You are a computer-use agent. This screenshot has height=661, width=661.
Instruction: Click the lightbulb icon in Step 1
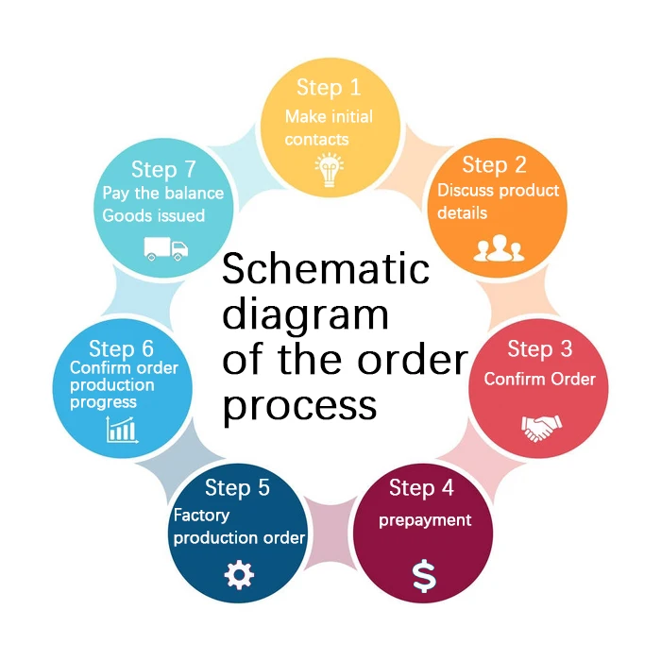tap(330, 170)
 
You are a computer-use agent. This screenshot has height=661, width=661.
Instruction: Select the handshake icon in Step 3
tap(540, 428)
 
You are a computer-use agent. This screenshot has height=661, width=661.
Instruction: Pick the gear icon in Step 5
tap(239, 574)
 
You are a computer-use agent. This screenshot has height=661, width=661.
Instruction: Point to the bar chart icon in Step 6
tap(122, 431)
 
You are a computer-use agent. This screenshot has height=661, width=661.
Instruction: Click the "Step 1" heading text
tap(329, 88)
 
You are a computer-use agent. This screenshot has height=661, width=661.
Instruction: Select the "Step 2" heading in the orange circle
tap(495, 165)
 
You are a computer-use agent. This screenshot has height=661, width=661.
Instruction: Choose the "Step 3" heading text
tap(540, 348)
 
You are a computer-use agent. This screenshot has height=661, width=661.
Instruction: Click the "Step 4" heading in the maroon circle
tap(421, 488)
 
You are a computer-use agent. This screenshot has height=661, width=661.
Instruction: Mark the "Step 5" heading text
tap(237, 488)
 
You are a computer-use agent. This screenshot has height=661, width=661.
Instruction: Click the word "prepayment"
tap(425, 520)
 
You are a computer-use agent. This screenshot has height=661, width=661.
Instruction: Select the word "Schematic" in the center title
tap(326, 270)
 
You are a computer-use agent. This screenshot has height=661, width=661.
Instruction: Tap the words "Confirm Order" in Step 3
tap(540, 380)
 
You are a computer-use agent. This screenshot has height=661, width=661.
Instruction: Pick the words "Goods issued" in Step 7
tap(154, 215)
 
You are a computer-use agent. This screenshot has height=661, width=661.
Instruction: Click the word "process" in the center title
tap(299, 405)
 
